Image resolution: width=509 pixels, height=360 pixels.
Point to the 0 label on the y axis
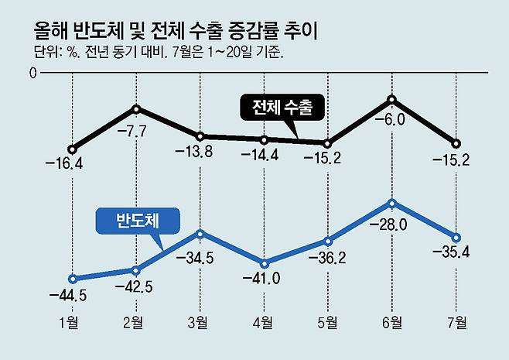tap(32, 74)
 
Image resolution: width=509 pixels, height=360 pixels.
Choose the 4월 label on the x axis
tap(263, 321)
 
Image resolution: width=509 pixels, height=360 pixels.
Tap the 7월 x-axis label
tap(456, 321)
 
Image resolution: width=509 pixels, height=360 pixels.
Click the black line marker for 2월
tap(137, 108)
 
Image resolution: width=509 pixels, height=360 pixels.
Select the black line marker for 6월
tap(392, 100)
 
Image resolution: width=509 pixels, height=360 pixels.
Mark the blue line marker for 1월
tap(72, 279)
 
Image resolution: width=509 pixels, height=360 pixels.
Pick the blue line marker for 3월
tap(200, 233)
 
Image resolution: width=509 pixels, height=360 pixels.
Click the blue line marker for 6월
tap(392, 204)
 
